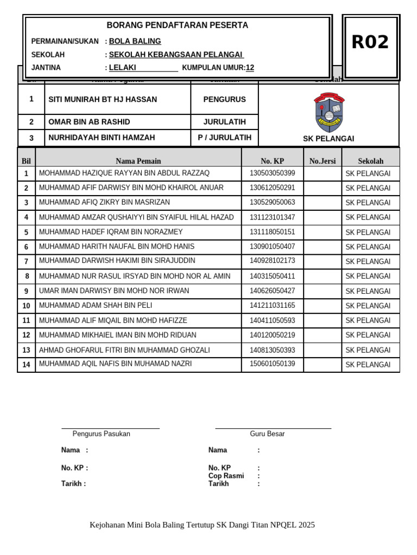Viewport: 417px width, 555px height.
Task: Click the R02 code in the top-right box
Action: [x=370, y=42]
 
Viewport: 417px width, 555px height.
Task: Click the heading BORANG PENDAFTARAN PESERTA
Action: [x=177, y=25]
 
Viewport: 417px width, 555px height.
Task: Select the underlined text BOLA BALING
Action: [x=135, y=41]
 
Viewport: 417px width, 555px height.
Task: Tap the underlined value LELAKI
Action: [x=123, y=68]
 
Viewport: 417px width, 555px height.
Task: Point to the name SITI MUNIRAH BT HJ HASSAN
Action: [x=103, y=99]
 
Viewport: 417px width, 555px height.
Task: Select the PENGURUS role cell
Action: [x=224, y=99]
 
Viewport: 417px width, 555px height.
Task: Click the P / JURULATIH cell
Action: [x=224, y=138]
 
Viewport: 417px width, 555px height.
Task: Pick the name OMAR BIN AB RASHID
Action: [x=89, y=122]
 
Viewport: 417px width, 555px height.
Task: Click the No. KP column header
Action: [x=272, y=161]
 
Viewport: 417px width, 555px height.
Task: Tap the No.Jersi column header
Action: [x=323, y=161]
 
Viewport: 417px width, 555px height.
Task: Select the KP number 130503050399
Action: [x=272, y=173]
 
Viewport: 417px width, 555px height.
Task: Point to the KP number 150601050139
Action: [x=272, y=364]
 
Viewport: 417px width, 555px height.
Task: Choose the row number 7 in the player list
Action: [x=26, y=261]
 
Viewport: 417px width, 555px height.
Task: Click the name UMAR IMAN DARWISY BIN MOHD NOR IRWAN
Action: [x=114, y=291]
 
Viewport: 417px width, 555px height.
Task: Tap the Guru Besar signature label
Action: [x=267, y=434]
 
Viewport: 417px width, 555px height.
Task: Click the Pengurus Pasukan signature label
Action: [x=101, y=434]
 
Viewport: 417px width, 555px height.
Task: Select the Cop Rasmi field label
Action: [x=226, y=476]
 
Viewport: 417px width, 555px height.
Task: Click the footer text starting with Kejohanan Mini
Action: [x=202, y=525]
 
